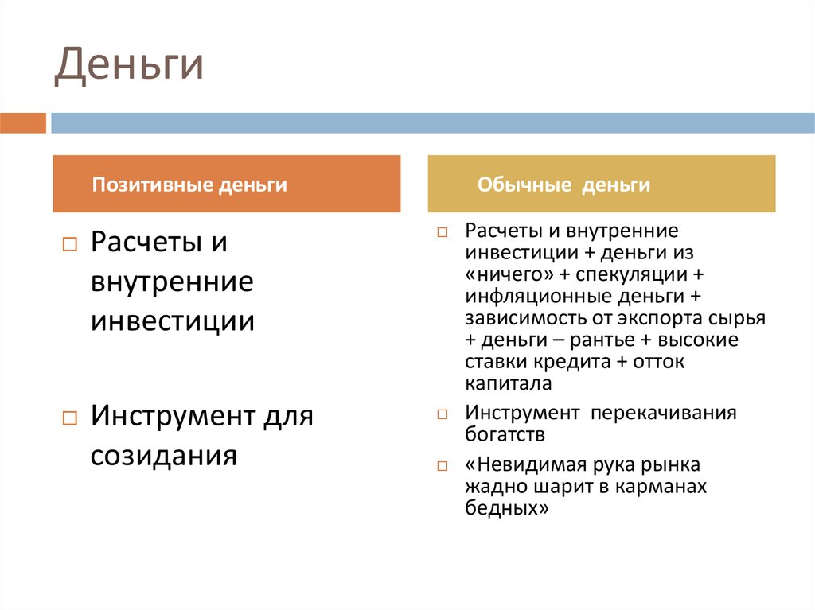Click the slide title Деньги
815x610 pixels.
(x=128, y=66)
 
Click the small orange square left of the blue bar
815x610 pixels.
(x=23, y=123)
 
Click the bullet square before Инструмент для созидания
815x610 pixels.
(x=68, y=418)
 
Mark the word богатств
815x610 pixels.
(x=505, y=435)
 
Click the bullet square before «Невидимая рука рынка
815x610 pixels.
(x=443, y=465)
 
